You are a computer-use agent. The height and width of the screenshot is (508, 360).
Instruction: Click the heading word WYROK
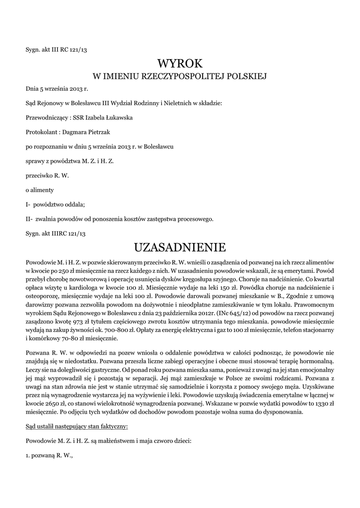pos(180,63)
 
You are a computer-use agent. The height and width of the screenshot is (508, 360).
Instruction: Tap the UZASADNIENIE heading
pos(180,247)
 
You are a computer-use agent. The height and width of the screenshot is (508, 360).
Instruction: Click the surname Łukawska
pos(118,118)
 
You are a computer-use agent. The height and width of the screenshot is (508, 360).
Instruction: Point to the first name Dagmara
pos(75,132)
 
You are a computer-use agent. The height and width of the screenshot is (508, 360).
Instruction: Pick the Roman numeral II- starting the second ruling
pos(29,219)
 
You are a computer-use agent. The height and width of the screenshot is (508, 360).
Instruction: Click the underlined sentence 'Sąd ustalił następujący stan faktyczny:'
pos(76,426)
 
